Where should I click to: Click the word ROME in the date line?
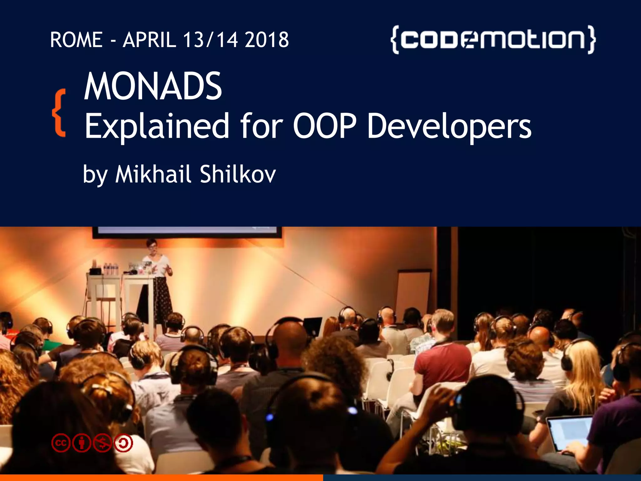pyautogui.click(x=76, y=40)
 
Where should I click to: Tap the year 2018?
pyautogui.click(x=267, y=40)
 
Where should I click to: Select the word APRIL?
pyautogui.click(x=149, y=40)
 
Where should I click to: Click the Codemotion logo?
pyautogui.click(x=493, y=40)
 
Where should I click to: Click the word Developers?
pyautogui.click(x=449, y=126)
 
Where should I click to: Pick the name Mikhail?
pyautogui.click(x=153, y=174)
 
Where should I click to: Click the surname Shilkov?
pyautogui.click(x=238, y=174)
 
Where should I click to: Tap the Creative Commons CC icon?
pyautogui.click(x=61, y=443)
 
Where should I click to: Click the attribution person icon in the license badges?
pyautogui.click(x=82, y=443)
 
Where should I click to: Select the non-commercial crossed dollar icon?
pyautogui.click(x=103, y=443)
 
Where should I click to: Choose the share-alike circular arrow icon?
pyautogui.click(x=124, y=443)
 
